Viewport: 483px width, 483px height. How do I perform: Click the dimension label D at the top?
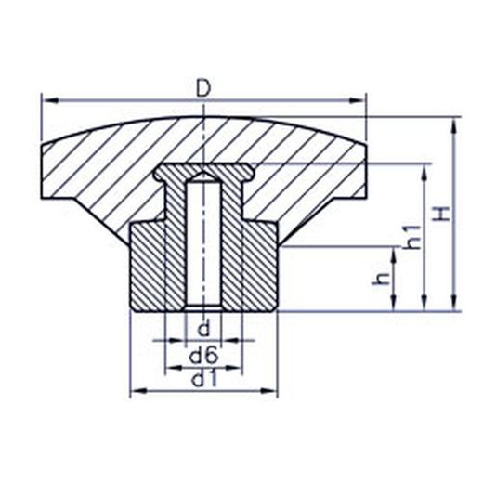[x=203, y=88]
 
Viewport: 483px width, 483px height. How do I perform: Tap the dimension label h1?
[x=412, y=237]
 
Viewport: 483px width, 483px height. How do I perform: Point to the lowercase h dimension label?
[x=380, y=279]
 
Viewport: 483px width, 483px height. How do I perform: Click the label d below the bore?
[x=203, y=329]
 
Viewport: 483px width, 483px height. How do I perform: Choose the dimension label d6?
[x=203, y=356]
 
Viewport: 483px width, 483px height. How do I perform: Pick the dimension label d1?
[x=203, y=380]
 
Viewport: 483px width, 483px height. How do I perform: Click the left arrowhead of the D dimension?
[x=49, y=100]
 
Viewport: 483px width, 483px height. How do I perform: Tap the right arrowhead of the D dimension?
[x=358, y=100]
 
